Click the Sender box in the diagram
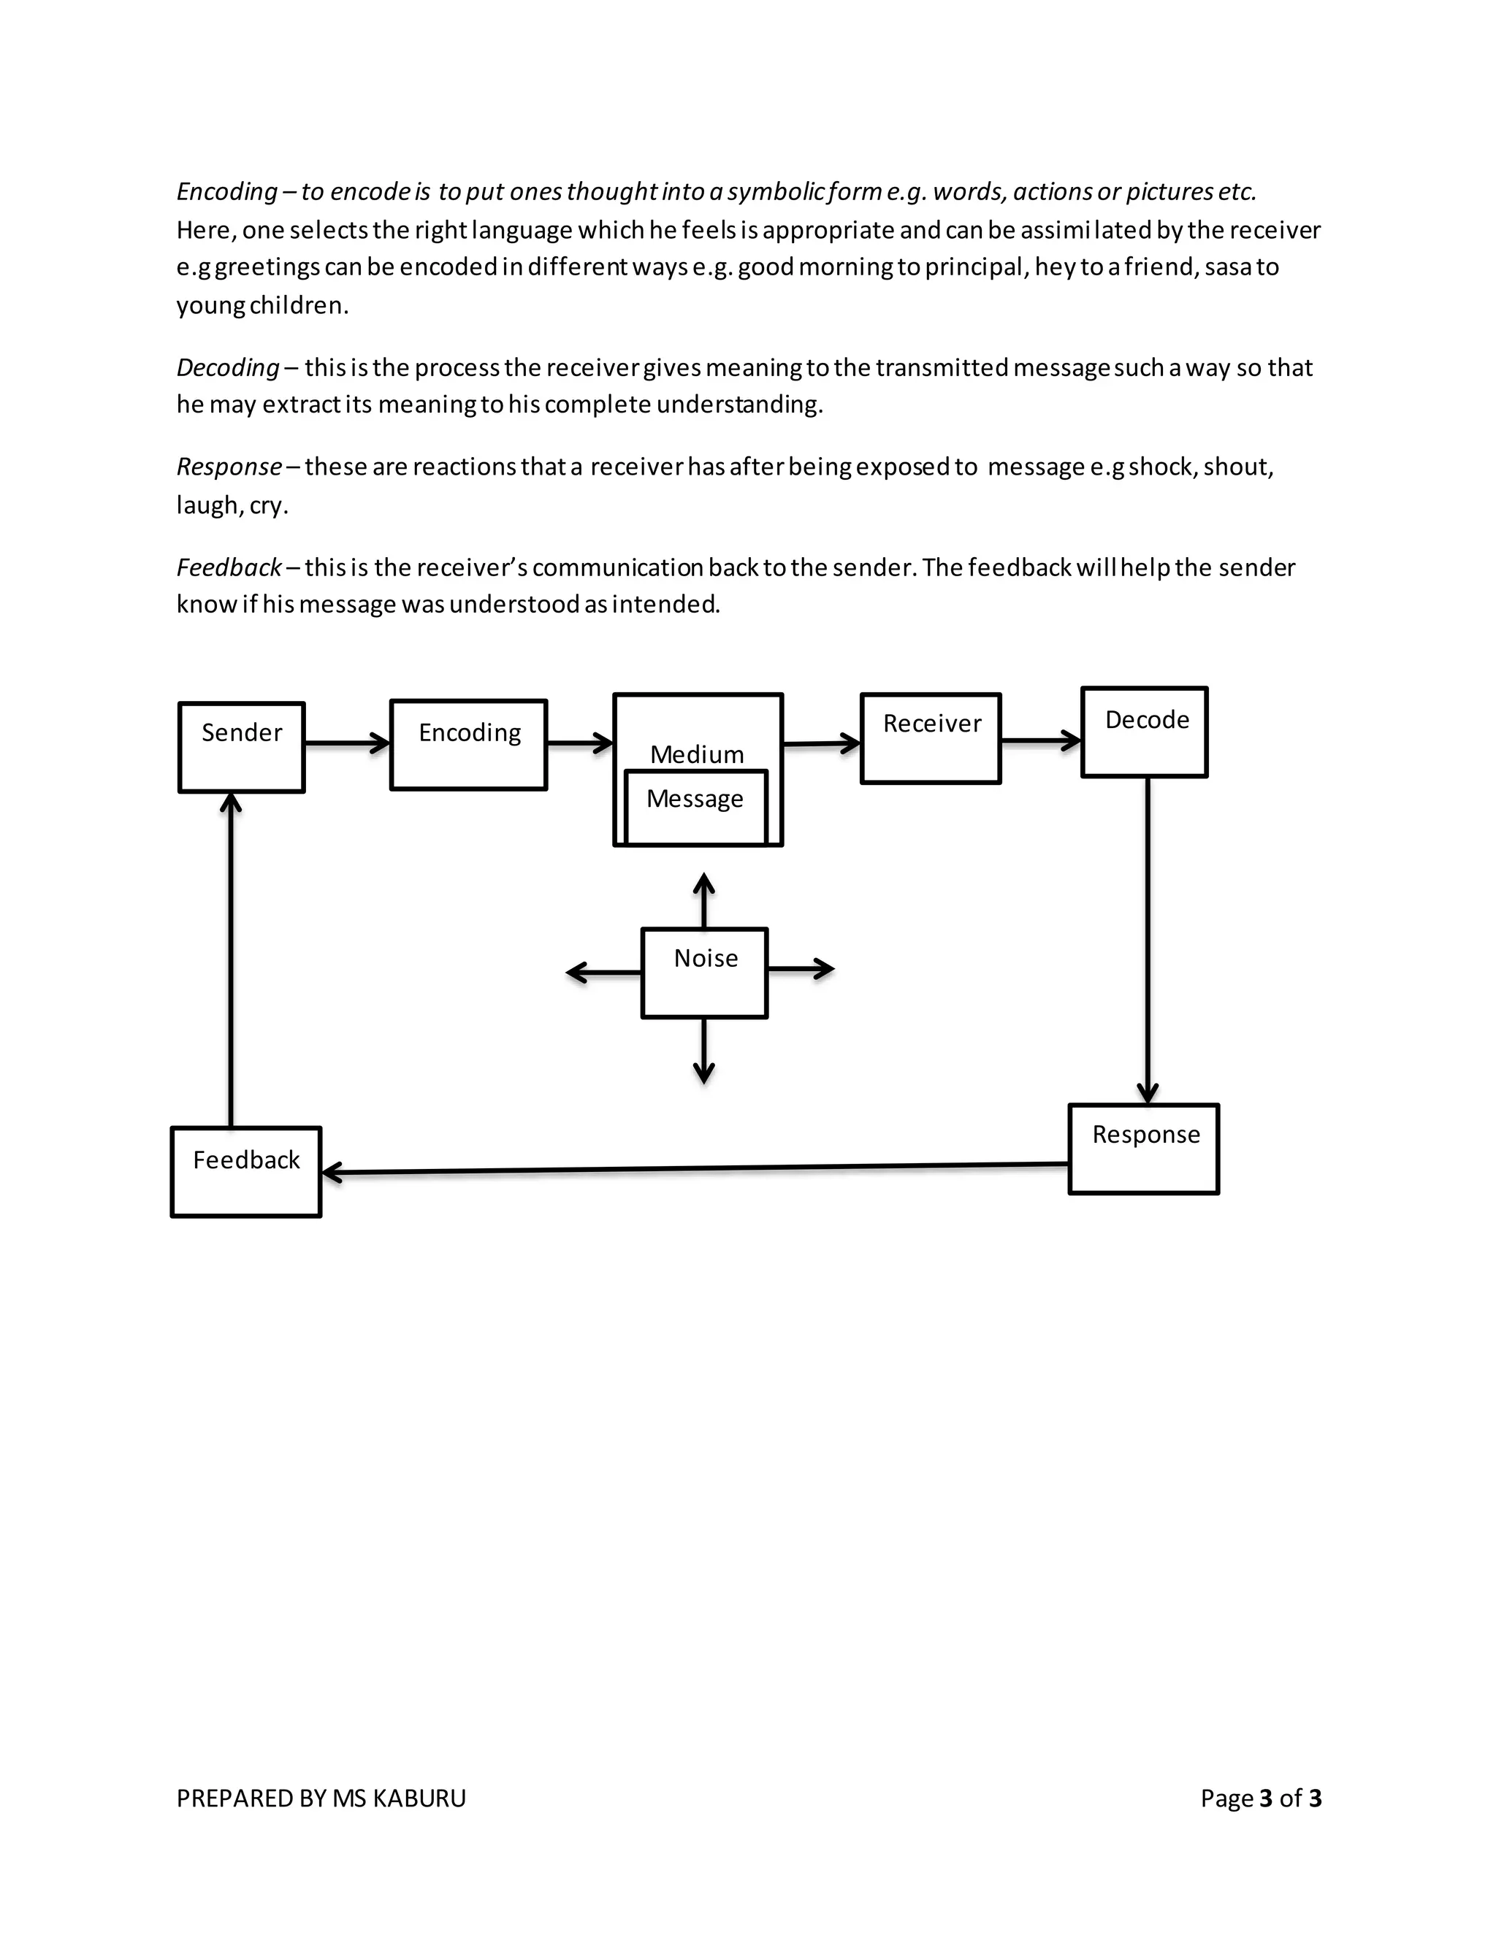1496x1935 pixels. [x=241, y=747]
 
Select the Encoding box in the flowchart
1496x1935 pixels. [x=468, y=744]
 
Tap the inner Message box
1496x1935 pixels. [x=695, y=806]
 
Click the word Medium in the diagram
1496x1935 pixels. [x=697, y=754]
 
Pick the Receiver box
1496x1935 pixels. [x=931, y=738]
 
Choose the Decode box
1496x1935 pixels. [x=1144, y=732]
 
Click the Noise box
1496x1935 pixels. [x=705, y=973]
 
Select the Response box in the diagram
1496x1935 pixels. [x=1143, y=1149]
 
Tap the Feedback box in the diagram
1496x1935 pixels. [x=245, y=1171]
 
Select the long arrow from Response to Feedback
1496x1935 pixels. [x=695, y=1168]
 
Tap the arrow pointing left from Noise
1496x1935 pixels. [x=603, y=973]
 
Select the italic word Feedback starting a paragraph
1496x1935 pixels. [x=229, y=567]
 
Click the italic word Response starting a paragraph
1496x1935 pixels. [x=229, y=466]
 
